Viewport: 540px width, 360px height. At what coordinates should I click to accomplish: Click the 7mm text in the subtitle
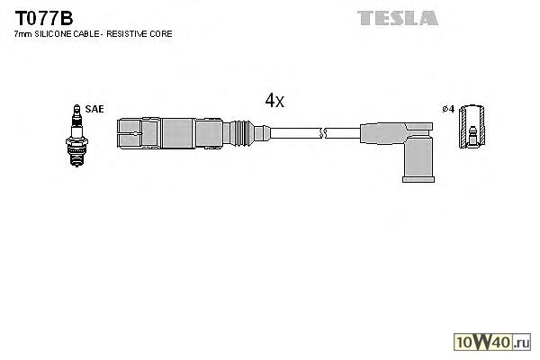pyautogui.click(x=22, y=33)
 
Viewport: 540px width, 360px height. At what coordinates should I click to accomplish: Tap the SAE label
pyautogui.click(x=95, y=109)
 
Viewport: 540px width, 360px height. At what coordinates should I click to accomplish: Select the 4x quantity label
pyautogui.click(x=274, y=101)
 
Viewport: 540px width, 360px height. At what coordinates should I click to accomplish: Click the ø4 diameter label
pyautogui.click(x=447, y=110)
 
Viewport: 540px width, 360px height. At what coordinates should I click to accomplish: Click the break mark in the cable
pyautogui.click(x=322, y=133)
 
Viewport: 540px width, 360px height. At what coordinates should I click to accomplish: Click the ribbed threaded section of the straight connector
pyautogui.click(x=239, y=133)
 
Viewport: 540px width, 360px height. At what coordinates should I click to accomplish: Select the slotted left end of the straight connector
pyautogui.click(x=130, y=133)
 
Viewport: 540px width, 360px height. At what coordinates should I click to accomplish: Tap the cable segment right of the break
pyautogui.click(x=342, y=133)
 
